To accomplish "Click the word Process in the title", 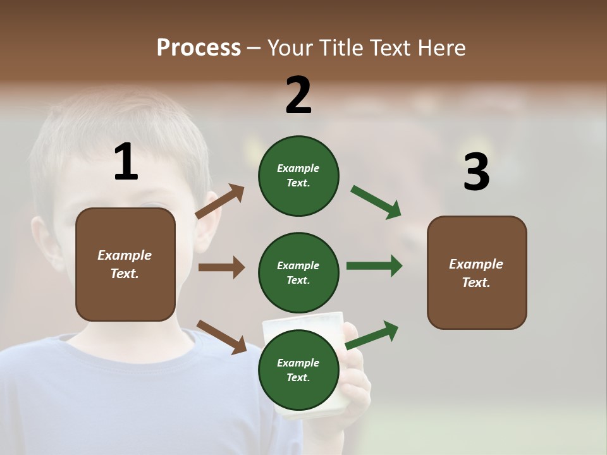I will tap(199, 47).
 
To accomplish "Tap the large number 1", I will tap(126, 162).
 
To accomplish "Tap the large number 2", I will tap(298, 95).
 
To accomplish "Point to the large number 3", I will tap(476, 172).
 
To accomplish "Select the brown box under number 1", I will tap(125, 264).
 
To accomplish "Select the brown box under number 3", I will tap(477, 272).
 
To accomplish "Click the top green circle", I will tap(298, 176).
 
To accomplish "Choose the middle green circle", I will tap(298, 272).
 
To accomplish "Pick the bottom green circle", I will tap(298, 370).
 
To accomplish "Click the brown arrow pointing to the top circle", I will tap(220, 202).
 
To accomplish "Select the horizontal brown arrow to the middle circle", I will tap(221, 267).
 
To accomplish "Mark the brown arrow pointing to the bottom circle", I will tap(222, 337).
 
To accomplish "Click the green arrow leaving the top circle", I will tap(376, 202).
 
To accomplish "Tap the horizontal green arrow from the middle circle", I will tap(374, 266).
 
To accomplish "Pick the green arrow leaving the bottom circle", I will tap(372, 335).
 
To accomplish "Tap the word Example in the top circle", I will tap(298, 168).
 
